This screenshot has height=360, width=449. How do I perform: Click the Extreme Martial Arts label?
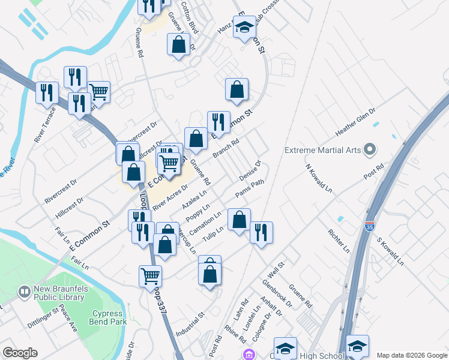[x=322, y=149]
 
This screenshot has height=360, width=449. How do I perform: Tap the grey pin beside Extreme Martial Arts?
[x=370, y=149]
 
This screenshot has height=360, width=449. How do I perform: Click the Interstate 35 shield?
[x=369, y=226]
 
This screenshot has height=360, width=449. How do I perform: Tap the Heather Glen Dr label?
[x=355, y=122]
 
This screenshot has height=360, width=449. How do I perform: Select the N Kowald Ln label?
[x=319, y=179]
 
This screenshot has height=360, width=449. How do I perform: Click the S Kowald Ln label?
[x=388, y=251]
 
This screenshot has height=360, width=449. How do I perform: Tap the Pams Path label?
[x=250, y=190]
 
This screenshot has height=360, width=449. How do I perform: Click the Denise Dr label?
[x=250, y=171]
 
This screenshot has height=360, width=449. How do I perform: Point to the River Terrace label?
[x=45, y=125]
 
